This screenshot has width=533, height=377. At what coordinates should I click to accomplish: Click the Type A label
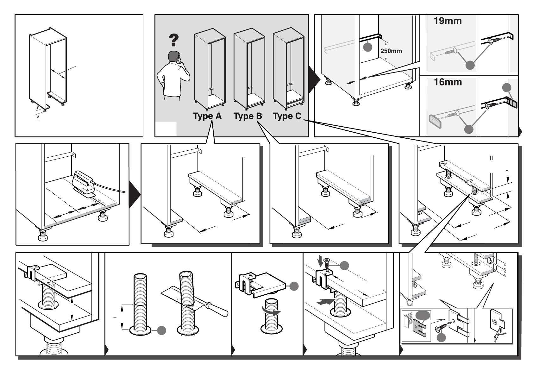point(207,116)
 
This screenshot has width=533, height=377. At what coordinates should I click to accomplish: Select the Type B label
point(248,116)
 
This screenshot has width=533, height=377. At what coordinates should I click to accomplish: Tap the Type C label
point(287,116)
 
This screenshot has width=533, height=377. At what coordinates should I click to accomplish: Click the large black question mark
point(174,40)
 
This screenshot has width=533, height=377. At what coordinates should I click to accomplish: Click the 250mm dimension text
point(391,51)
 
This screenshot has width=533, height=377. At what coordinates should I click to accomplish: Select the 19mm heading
point(448,21)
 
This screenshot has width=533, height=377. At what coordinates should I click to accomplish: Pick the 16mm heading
point(448,82)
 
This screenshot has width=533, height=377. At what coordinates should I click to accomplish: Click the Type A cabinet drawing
point(210,69)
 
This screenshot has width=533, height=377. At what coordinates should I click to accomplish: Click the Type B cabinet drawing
point(249,69)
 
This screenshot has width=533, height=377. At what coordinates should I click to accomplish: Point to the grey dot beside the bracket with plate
point(507,88)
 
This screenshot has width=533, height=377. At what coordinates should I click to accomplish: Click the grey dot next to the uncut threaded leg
point(161,330)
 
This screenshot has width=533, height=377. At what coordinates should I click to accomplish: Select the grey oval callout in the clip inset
point(423,316)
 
